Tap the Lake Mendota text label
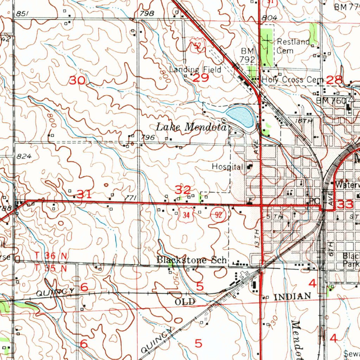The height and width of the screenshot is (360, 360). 191,127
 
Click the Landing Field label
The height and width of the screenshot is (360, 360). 195,70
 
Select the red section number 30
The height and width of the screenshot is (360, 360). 77,81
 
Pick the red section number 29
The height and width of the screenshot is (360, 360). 201,78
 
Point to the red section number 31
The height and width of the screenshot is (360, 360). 84,194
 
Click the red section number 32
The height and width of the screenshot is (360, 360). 183,190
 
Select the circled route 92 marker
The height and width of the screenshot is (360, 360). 218,216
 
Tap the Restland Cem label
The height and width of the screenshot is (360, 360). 293,46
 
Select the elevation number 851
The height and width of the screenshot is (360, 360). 22,13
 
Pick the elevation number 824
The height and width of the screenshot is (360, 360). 24,156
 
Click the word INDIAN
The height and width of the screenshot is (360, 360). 292,297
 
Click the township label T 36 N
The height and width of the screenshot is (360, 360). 51,256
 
